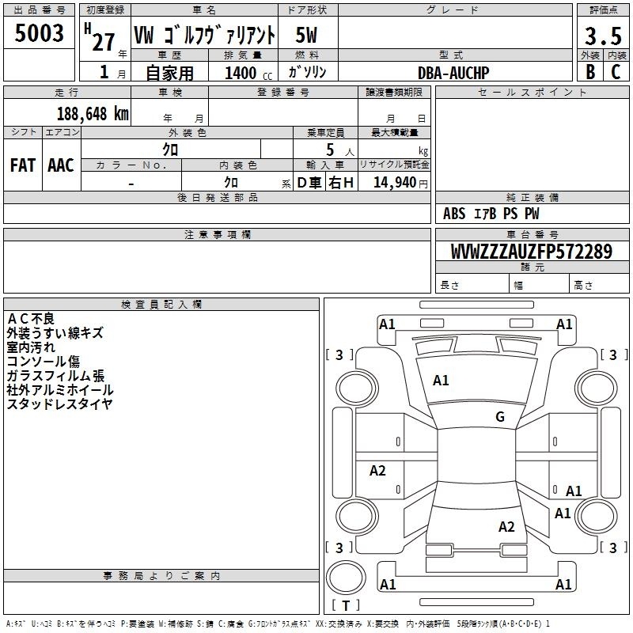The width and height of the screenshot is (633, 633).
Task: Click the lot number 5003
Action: [x=39, y=33]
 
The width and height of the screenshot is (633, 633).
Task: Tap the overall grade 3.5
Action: [x=603, y=36]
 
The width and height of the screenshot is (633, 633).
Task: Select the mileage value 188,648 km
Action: [x=93, y=114]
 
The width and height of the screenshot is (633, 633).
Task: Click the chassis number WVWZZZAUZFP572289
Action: [x=532, y=252]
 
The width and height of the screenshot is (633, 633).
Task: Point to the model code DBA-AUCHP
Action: [x=453, y=73]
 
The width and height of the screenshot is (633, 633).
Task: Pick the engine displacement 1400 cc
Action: [x=248, y=73]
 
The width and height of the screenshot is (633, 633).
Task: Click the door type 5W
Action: [x=306, y=35]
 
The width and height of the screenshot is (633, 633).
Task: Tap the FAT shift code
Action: [x=23, y=165]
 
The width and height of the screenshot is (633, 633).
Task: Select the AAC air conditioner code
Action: [x=61, y=165]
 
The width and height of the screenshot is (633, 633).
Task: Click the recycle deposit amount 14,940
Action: [x=395, y=183]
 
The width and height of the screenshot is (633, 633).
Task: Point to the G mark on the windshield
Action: [x=500, y=417]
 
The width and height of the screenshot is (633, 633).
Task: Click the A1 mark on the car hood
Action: [x=441, y=381]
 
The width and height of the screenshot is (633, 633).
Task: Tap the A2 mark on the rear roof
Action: [x=506, y=527]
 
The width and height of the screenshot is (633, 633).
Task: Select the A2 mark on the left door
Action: [x=378, y=471]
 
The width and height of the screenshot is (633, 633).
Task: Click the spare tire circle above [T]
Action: [x=346, y=578]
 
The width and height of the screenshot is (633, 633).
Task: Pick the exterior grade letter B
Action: [x=590, y=72]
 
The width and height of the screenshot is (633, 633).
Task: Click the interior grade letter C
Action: [x=616, y=72]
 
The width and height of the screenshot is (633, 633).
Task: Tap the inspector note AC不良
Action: [x=31, y=319]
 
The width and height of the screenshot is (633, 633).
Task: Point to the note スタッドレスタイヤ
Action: [x=59, y=404]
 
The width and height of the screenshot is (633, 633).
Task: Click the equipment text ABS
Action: [x=454, y=214]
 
